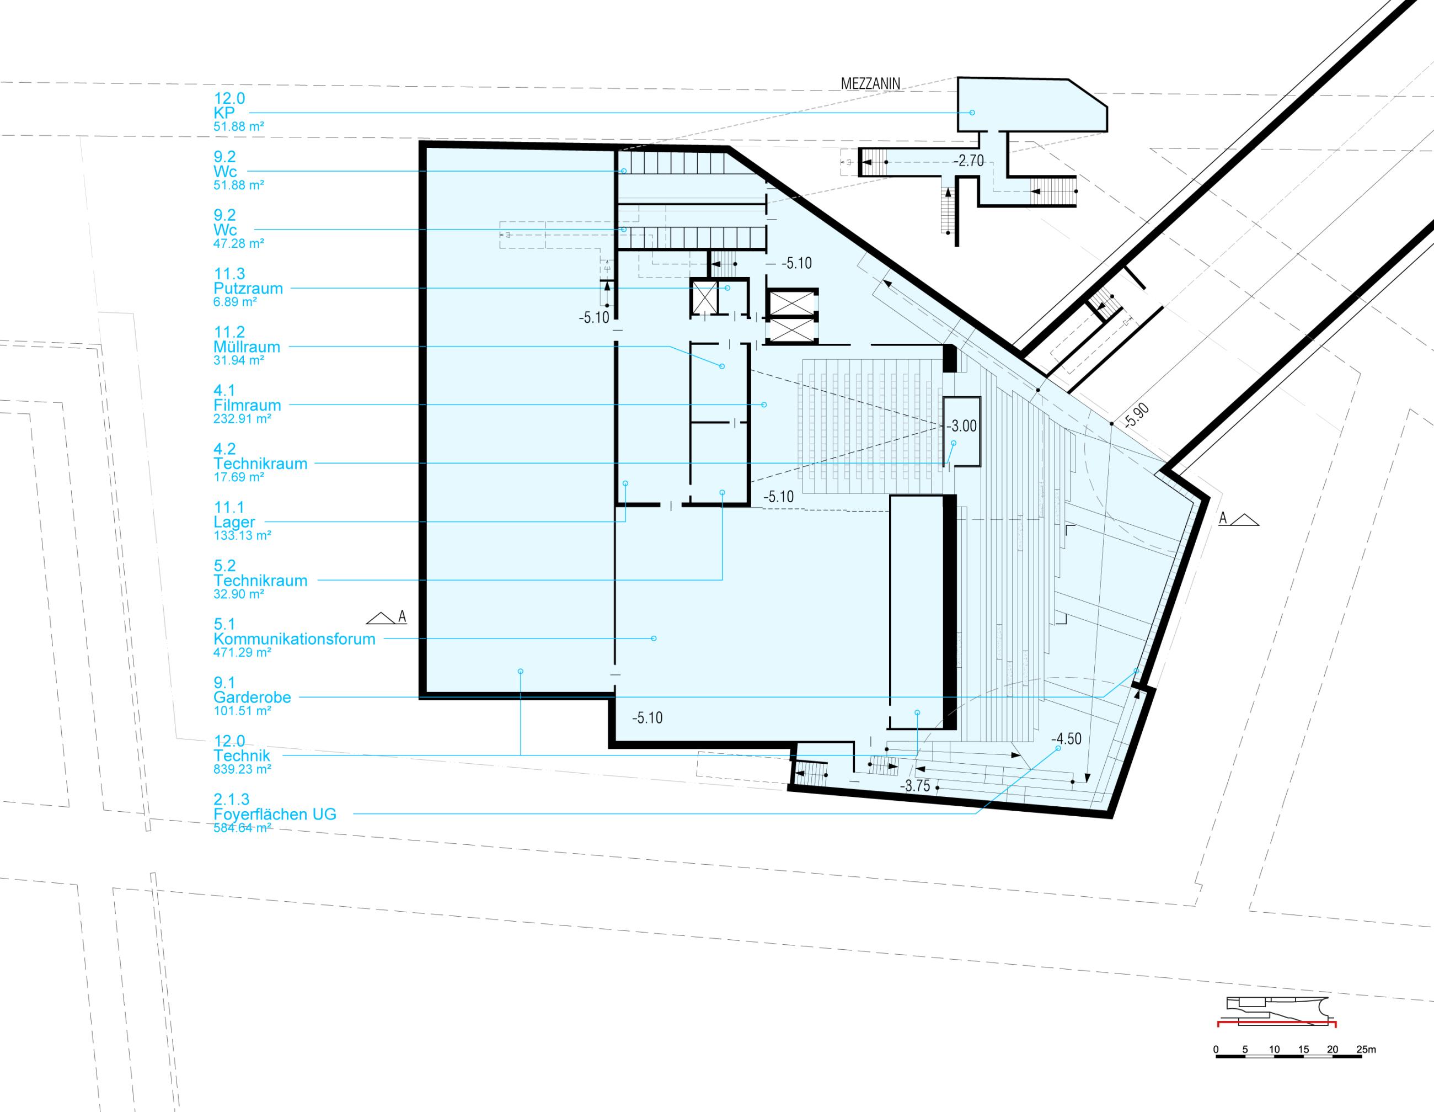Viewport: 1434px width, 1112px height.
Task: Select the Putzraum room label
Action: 248,288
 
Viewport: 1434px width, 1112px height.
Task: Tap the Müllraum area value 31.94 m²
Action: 238,360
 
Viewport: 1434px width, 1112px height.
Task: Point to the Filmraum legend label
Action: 247,405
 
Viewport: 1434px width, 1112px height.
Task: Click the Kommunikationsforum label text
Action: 294,639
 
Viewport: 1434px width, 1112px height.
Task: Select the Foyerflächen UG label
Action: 275,815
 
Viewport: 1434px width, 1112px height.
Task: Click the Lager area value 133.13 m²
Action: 242,535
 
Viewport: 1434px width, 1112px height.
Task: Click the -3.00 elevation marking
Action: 962,426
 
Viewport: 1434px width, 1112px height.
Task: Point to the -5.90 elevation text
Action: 1137,416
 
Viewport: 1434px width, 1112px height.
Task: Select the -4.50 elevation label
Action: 1066,739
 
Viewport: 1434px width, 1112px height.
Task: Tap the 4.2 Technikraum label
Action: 260,464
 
